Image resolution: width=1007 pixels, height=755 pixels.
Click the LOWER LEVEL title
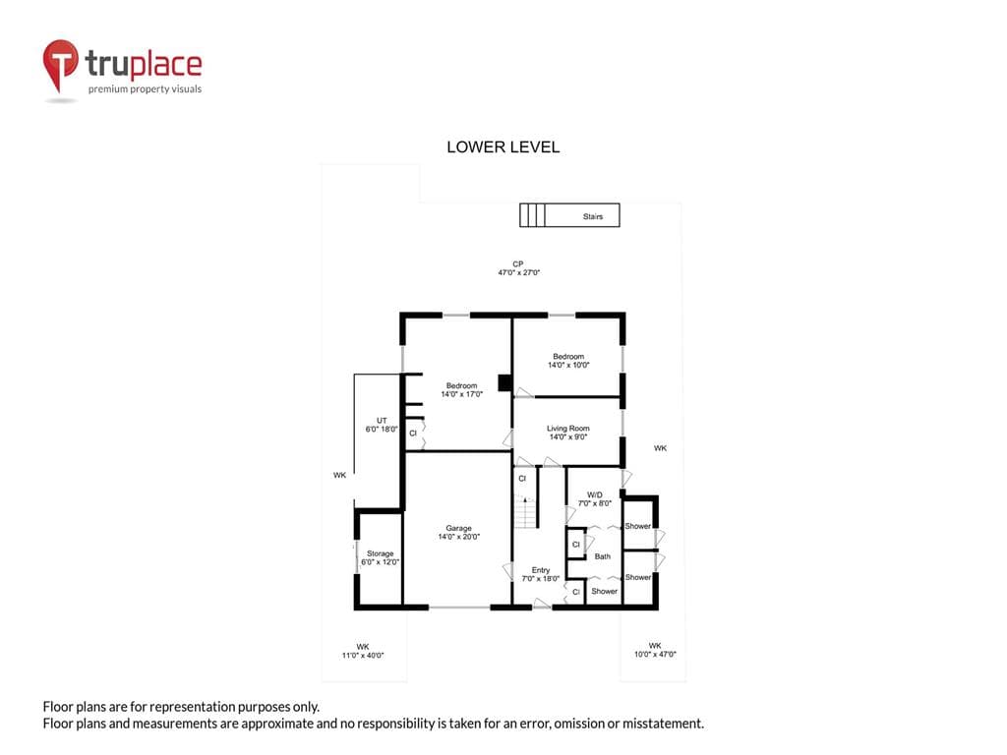(503, 147)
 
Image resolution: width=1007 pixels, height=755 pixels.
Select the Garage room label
(458, 528)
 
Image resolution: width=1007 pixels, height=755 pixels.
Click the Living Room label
(567, 429)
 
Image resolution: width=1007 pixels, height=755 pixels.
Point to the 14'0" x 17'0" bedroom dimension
(461, 394)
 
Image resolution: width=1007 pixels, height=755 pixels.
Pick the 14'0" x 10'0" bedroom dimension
(568, 365)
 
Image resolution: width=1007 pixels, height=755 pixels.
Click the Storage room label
(381, 553)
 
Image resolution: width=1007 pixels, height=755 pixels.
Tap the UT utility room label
(382, 421)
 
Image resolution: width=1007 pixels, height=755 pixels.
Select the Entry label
(541, 570)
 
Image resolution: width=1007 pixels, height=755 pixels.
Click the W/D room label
(595, 495)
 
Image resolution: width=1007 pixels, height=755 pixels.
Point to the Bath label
(603, 556)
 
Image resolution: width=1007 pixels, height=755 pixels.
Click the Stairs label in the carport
(593, 216)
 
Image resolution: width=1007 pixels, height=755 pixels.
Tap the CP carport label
(517, 263)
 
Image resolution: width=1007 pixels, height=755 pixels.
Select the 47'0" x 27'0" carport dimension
(519, 272)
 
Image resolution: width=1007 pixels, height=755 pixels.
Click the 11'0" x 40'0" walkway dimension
(363, 656)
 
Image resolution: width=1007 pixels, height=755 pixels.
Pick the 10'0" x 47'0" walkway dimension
(655, 654)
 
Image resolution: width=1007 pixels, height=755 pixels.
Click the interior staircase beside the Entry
(525, 512)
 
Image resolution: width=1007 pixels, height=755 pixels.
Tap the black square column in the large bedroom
(504, 383)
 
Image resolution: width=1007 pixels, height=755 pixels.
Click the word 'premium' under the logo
(107, 89)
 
